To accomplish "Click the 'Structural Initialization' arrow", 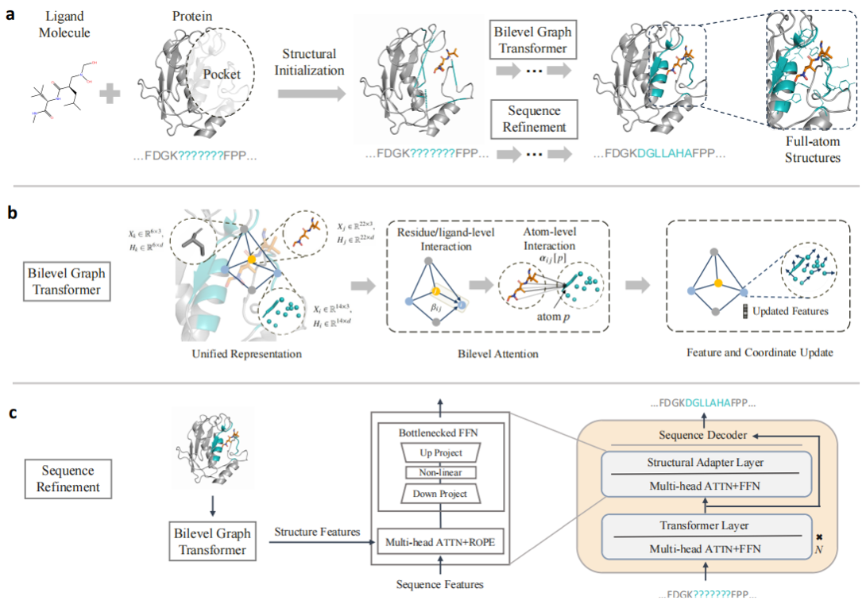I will [311, 94].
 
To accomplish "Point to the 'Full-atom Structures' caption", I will [810, 151].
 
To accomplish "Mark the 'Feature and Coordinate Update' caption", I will [760, 353].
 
